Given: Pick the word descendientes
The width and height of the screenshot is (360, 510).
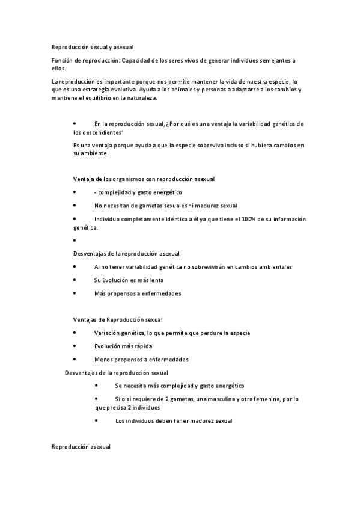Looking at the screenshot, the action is (97, 132).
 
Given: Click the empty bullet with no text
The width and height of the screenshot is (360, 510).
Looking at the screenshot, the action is (74, 241).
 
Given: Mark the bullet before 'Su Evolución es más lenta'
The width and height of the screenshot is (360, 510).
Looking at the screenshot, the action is (74, 280).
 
